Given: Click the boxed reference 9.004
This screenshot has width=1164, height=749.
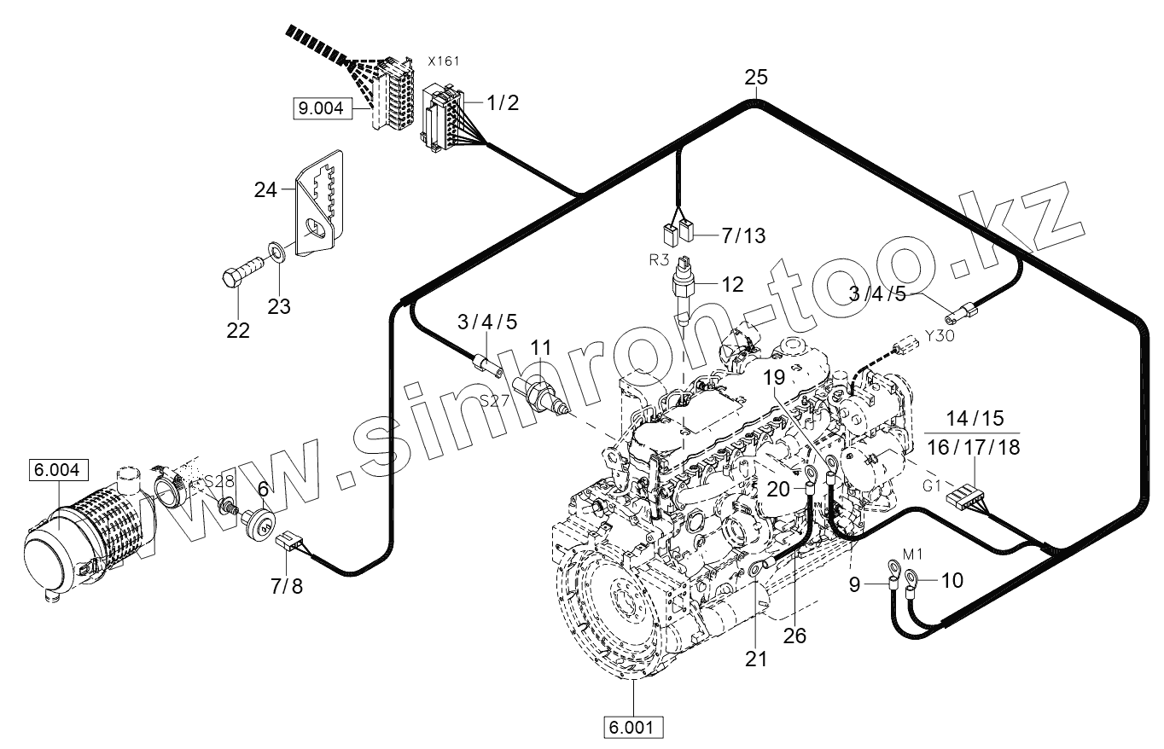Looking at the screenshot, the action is (x=319, y=108).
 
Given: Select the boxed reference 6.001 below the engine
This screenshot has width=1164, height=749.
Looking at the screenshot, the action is (x=633, y=728).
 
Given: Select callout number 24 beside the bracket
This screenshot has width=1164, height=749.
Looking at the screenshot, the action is (x=265, y=189).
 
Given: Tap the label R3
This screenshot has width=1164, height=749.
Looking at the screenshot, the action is (x=658, y=259).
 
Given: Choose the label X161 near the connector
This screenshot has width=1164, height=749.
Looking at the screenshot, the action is (x=443, y=61).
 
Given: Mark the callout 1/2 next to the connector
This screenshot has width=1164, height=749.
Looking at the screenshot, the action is (x=501, y=103).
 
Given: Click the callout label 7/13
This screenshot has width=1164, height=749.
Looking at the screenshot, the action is (x=743, y=236).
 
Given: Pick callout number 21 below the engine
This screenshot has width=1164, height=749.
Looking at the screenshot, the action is (x=756, y=658).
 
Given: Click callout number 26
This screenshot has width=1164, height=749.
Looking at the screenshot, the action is (x=794, y=636).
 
